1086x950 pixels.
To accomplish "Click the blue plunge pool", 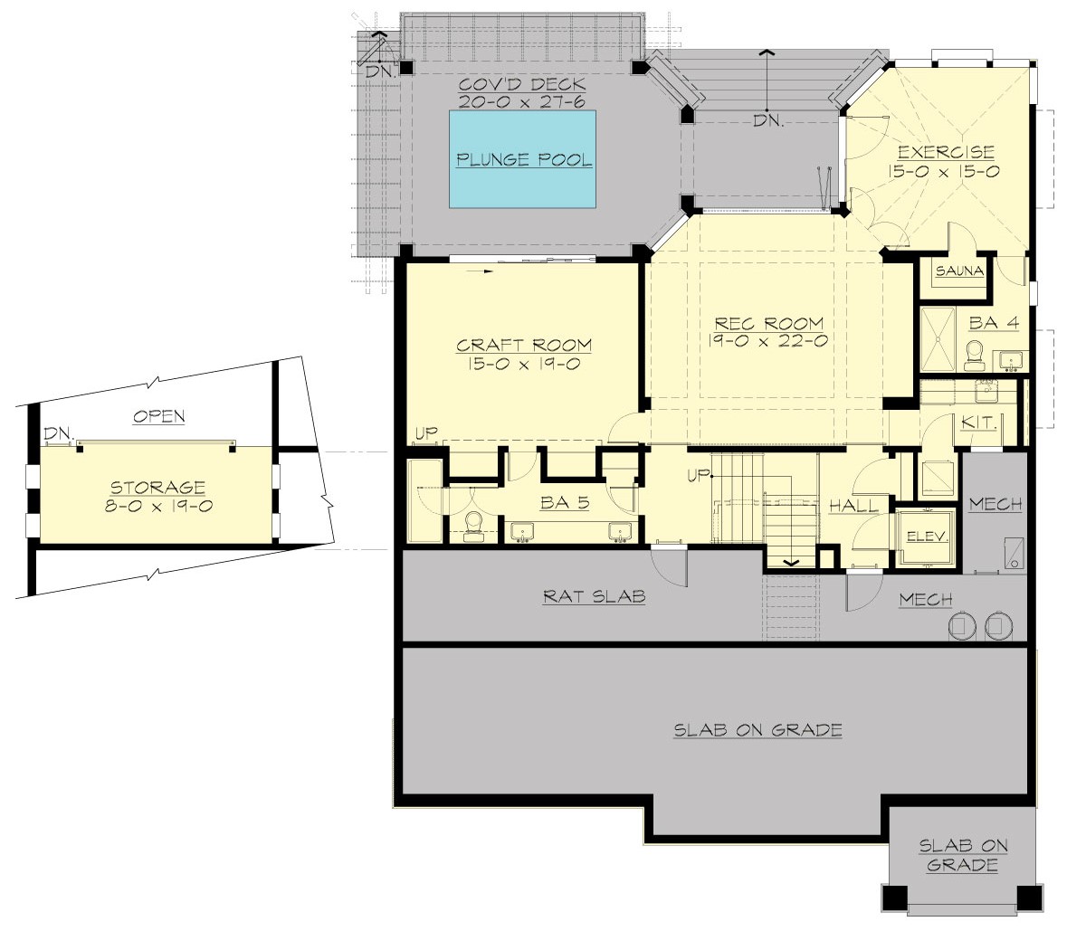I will click(x=523, y=159).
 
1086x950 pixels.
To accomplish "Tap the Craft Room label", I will click(x=524, y=345).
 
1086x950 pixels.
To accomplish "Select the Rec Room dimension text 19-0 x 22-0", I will click(x=768, y=341).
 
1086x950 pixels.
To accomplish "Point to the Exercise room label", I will click(x=947, y=152).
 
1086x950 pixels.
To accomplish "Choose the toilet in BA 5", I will click(x=472, y=527).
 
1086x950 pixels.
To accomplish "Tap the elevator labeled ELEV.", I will click(x=928, y=536).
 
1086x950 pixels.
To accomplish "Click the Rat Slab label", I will click(x=594, y=597).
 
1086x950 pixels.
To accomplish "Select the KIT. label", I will click(x=978, y=423).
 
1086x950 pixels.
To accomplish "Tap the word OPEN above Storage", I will click(x=158, y=416).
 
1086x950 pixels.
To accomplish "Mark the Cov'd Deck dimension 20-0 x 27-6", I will click(x=524, y=104).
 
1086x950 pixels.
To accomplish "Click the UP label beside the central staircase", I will click(x=698, y=475).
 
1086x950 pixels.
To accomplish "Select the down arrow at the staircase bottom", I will click(x=791, y=562).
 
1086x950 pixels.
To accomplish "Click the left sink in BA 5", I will click(x=523, y=532).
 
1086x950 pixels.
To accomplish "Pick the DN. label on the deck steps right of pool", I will click(x=767, y=120).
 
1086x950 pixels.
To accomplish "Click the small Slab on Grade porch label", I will click(x=963, y=855).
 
